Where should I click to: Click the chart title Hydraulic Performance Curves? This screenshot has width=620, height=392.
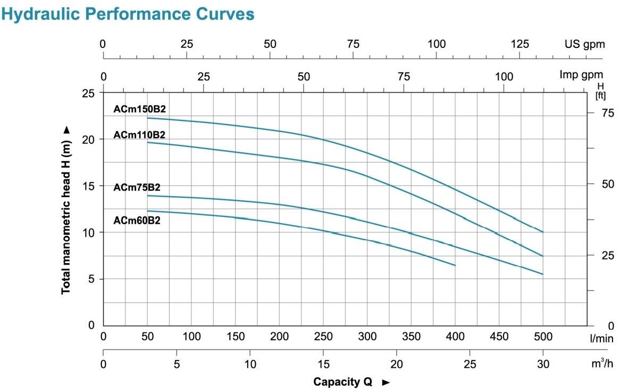pos(128,14)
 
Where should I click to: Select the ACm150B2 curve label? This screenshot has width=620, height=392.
pos(139,109)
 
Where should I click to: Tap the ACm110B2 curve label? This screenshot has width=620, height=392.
pos(139,135)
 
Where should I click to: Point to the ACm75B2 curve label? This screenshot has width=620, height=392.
pos(137,187)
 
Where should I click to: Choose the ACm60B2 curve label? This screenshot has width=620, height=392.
pos(137,219)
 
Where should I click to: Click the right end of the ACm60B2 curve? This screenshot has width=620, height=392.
pos(455,265)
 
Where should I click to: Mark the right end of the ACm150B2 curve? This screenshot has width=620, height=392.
pos(543,232)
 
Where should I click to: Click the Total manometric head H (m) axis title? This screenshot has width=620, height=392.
pos(66,210)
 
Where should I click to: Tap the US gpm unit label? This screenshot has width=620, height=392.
pos(584,44)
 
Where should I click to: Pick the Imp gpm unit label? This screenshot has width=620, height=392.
pos(581,75)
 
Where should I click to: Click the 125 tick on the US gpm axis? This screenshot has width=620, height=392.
pos(520,44)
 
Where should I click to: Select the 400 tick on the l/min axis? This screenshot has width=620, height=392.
pos(455,337)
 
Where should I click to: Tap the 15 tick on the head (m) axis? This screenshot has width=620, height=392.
pos(89,186)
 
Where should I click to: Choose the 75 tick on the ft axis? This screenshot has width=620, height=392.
pos(607,113)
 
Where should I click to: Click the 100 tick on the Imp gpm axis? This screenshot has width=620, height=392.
pos(504,77)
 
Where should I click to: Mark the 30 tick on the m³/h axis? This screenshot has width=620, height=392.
pos(543,364)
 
